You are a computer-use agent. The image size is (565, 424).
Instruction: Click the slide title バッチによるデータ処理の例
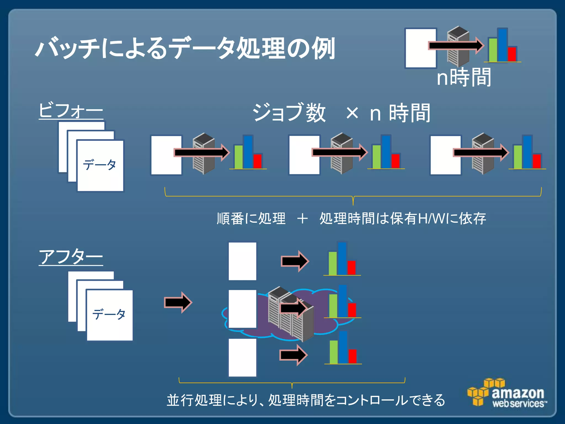pyautogui.click(x=185, y=48)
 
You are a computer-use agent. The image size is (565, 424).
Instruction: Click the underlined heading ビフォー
pyautogui.click(x=71, y=110)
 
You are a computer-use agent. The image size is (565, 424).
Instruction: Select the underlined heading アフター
pyautogui.click(x=71, y=257)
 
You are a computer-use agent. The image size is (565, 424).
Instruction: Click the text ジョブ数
pyautogui.click(x=289, y=113)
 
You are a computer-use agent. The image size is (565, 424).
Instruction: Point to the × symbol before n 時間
pyautogui.click(x=352, y=113)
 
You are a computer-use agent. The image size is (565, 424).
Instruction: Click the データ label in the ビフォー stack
pyautogui.click(x=100, y=165)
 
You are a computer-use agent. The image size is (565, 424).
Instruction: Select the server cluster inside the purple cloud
pyautogui.click(x=290, y=313)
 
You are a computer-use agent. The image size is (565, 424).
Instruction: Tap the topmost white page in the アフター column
pyautogui.click(x=242, y=261)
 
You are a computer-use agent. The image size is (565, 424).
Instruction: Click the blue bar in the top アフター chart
pyautogui.click(x=342, y=258)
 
